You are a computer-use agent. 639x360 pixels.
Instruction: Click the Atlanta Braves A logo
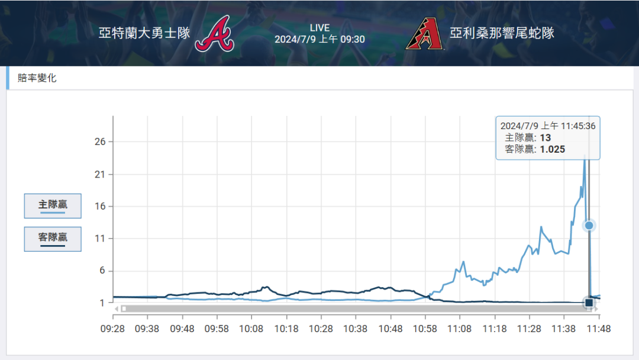click(214, 33)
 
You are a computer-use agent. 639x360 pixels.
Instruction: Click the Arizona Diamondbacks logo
click(424, 33)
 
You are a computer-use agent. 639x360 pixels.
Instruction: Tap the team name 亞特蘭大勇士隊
click(144, 33)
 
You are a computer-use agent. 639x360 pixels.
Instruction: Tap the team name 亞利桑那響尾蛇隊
click(502, 33)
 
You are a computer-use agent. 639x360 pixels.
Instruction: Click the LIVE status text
click(319, 28)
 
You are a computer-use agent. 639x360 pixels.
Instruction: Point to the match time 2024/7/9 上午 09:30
click(319, 40)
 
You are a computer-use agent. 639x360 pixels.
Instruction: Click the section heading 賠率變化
click(37, 78)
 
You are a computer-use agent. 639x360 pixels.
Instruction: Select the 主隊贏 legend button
click(53, 205)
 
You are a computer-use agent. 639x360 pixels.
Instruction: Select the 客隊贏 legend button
click(53, 239)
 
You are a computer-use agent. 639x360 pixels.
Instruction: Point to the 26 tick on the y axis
click(99, 142)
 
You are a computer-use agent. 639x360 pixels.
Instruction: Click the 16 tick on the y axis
click(99, 207)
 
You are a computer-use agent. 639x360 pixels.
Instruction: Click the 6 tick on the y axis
click(102, 271)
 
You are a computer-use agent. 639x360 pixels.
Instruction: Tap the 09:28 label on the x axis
click(112, 328)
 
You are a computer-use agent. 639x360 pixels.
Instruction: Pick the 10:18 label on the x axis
click(286, 328)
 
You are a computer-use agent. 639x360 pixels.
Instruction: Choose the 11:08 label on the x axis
click(460, 328)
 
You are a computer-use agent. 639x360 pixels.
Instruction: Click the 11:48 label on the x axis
click(599, 328)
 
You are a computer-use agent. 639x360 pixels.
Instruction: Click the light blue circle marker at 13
click(589, 226)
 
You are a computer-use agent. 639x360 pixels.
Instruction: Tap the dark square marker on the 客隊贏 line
click(589, 303)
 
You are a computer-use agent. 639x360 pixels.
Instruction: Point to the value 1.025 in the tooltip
click(552, 149)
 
